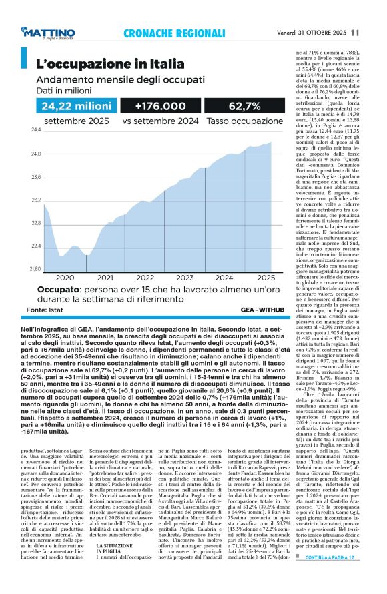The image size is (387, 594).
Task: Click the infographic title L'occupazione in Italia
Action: click(x=109, y=64)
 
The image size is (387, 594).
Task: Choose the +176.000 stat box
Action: click(x=160, y=106)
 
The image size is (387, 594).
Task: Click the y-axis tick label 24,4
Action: click(x=35, y=131)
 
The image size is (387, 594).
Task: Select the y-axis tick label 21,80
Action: click(x=35, y=269)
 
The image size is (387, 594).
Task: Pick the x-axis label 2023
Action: click(x=185, y=278)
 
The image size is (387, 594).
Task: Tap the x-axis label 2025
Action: click(x=266, y=278)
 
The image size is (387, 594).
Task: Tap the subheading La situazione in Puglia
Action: click(x=113, y=551)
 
